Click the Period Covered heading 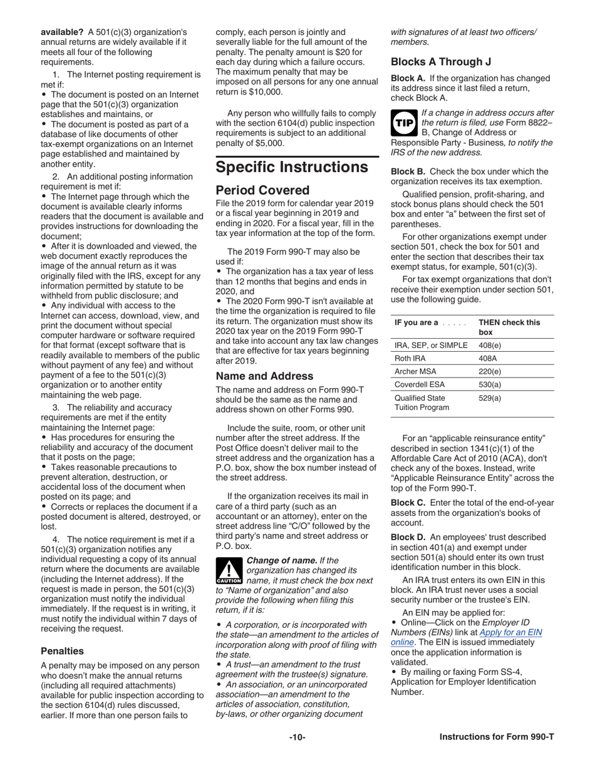pyautogui.click(x=262, y=190)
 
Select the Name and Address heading pyautogui.click(x=264, y=376)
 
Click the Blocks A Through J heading pyautogui.click(x=441, y=62)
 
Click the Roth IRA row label pyautogui.click(x=410, y=359)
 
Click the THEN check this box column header pyautogui.click(x=509, y=327)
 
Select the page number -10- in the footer pyautogui.click(x=297, y=737)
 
